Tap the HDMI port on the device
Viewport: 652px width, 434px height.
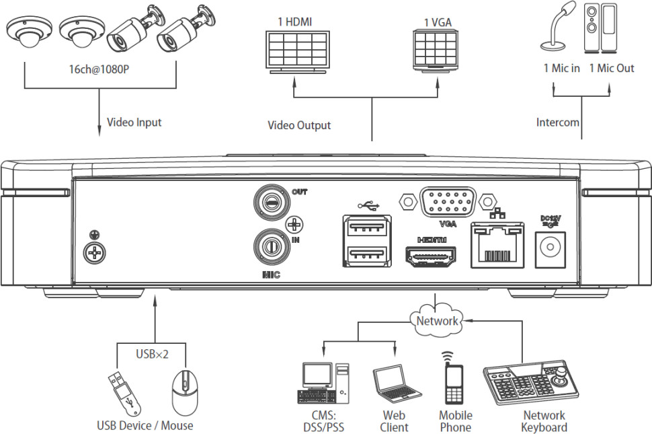click(430, 256)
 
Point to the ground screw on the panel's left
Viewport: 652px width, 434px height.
click(95, 252)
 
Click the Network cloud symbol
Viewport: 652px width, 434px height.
click(437, 320)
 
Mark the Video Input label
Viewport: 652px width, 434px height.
click(134, 122)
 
